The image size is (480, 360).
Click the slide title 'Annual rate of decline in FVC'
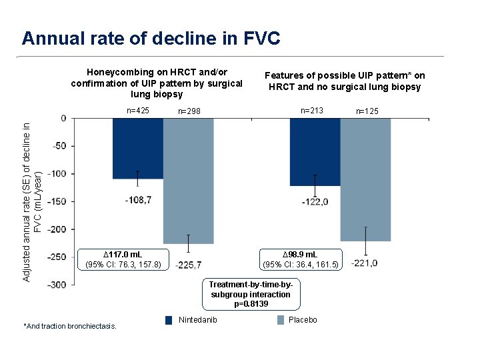click(151, 38)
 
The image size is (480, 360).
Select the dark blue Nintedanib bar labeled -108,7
click(137, 149)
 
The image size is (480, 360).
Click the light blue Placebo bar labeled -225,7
click(188, 180)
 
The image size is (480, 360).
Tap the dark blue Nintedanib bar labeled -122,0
click(315, 152)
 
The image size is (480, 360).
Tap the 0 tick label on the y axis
click(63, 119)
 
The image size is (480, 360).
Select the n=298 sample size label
click(189, 111)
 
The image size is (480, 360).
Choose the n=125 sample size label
click(367, 111)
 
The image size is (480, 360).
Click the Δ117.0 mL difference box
click(123, 259)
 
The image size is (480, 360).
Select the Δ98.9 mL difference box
click(301, 259)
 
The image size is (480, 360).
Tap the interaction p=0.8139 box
click(251, 294)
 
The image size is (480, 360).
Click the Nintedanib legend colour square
click(169, 320)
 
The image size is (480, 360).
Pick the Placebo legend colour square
click(280, 320)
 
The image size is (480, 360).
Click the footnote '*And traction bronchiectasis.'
click(70, 326)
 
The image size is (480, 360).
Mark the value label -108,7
click(138, 199)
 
